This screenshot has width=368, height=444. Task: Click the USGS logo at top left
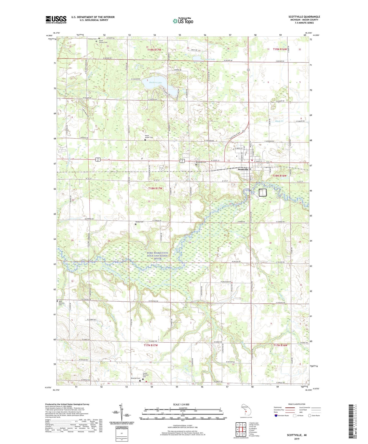(56, 20)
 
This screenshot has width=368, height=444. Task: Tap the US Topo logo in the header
(183, 21)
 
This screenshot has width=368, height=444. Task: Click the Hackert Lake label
(156, 83)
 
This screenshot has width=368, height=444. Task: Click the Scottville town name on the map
(243, 169)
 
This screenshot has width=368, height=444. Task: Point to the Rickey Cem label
(139, 222)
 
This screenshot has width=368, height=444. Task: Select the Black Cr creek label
(279, 121)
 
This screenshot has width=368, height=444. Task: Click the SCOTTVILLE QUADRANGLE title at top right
(304, 17)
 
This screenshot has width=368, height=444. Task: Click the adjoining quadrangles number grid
(241, 430)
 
